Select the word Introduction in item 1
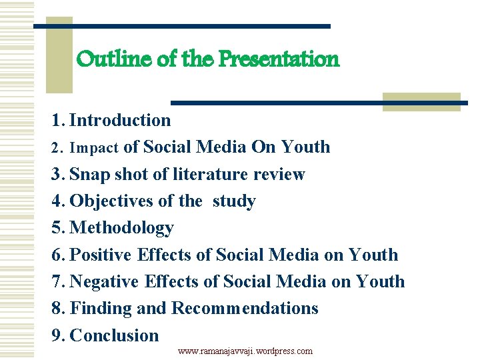coord(120,121)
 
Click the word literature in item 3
coord(211,175)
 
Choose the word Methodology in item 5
coord(121,228)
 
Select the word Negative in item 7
coord(104,282)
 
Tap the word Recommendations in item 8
coord(245,309)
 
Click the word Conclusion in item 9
coord(114,335)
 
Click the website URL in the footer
coord(245,351)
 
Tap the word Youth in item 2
coord(305,147)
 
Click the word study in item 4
coord(234,201)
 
